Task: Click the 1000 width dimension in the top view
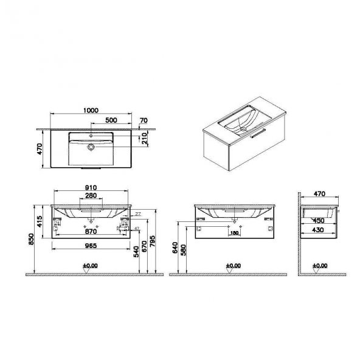(x=89, y=110)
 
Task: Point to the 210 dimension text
(x=144, y=139)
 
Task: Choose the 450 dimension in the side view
(x=318, y=221)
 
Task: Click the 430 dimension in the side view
(x=318, y=230)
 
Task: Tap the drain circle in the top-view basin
(x=91, y=147)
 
